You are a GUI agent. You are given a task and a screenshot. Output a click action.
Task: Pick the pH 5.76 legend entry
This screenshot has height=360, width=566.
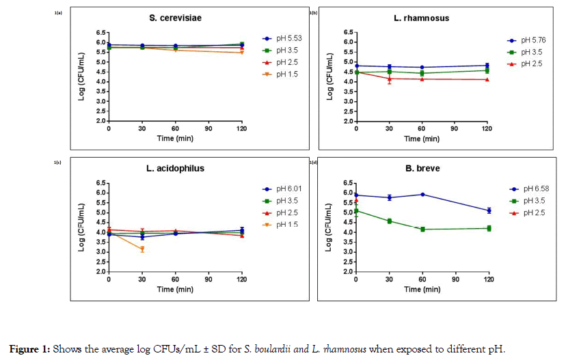[531, 42]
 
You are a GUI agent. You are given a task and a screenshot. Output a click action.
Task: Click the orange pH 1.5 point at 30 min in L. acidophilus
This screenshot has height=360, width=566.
[142, 249]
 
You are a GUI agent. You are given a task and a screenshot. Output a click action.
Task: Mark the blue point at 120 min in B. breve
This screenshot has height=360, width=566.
[489, 210]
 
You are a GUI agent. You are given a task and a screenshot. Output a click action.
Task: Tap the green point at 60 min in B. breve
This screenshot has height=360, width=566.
[422, 230]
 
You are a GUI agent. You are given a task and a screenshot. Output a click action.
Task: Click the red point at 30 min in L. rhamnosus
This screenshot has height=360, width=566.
[390, 79]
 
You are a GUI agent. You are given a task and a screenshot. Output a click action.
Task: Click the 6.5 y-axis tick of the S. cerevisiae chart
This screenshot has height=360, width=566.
[100, 32]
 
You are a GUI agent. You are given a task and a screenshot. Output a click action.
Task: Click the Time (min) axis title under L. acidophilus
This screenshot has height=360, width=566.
[175, 289]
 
